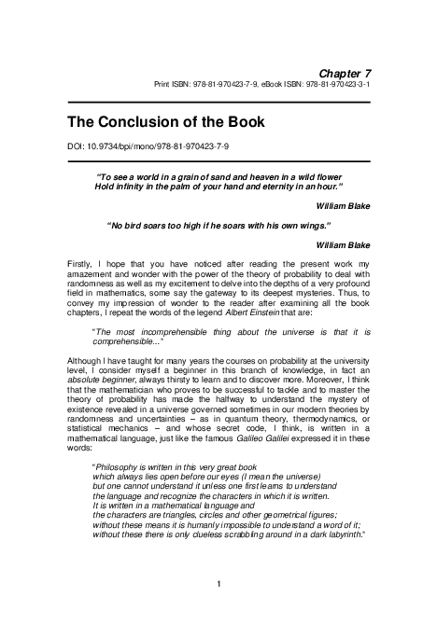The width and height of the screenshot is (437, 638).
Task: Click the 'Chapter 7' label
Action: pos(345,72)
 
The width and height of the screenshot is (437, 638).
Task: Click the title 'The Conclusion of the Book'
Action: pos(166,122)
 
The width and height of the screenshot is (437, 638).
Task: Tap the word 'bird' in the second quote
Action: pos(142,224)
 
